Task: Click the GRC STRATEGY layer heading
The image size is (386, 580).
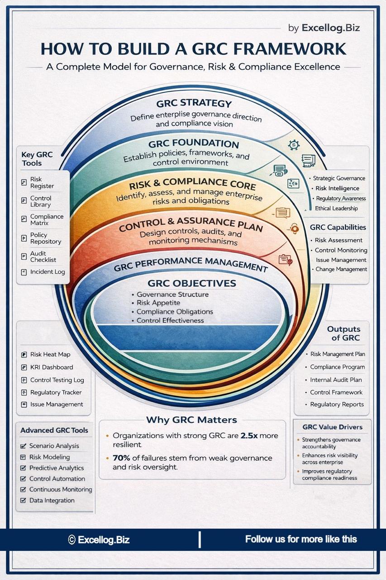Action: (x=194, y=103)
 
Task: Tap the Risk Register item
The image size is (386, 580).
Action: (x=42, y=183)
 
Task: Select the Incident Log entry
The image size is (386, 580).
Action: (x=47, y=272)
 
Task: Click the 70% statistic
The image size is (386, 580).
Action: (x=122, y=458)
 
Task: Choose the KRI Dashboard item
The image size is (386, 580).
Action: (x=51, y=367)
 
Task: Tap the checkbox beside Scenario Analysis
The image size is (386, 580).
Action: (x=24, y=446)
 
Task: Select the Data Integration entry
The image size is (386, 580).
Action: (x=52, y=500)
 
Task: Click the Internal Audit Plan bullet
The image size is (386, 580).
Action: (x=336, y=380)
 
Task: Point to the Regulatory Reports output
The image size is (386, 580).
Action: (x=337, y=404)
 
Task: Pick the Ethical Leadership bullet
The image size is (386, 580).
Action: (x=336, y=208)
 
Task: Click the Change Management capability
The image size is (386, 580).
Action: (x=341, y=269)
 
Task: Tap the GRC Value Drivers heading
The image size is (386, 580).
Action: (x=332, y=427)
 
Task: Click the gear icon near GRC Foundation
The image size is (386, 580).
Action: (x=294, y=145)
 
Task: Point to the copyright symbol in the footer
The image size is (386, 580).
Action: (x=71, y=540)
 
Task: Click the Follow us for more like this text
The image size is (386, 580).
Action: (x=301, y=539)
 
